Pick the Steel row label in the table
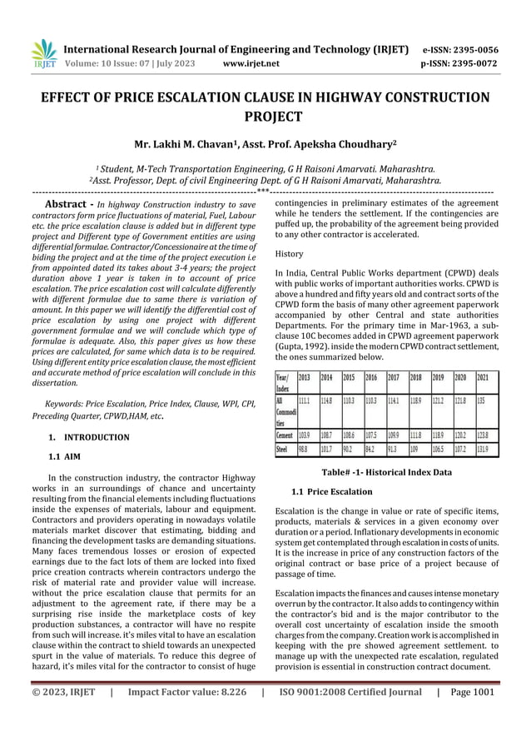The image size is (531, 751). coord(285,450)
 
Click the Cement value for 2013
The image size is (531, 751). coord(305,435)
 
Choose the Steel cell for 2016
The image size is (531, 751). coord(372,450)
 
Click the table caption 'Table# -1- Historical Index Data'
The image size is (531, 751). coord(386,472)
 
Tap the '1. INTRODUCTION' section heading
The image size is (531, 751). coord(88,437)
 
